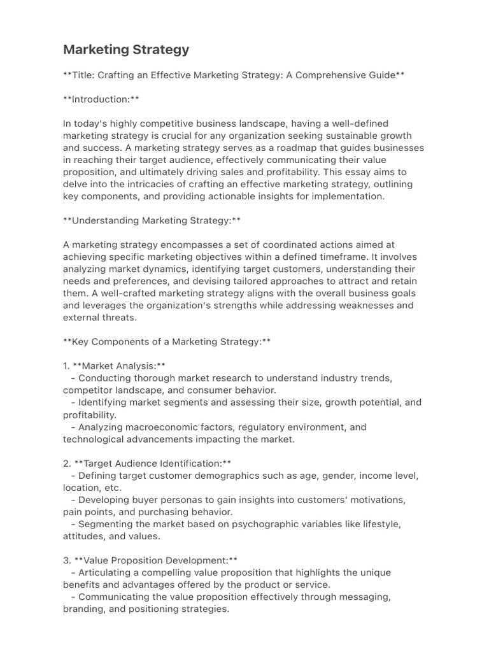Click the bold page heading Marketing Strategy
125,49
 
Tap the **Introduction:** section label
101,99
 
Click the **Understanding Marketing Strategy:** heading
152,220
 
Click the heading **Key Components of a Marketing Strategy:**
167,342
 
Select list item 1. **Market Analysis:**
114,366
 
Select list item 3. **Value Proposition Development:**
150,560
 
